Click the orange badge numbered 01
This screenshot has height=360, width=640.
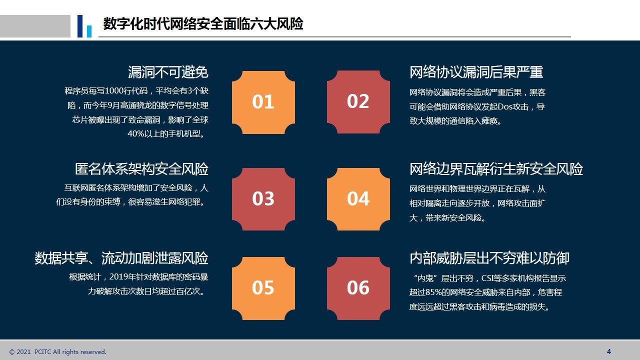click(263, 102)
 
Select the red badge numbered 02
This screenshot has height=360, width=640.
click(358, 102)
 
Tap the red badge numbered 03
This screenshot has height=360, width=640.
click(263, 199)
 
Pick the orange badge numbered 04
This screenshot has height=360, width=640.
click(358, 199)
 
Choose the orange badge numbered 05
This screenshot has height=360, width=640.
click(263, 288)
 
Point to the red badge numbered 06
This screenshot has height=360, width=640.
click(358, 288)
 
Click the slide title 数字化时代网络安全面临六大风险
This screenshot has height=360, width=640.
click(203, 23)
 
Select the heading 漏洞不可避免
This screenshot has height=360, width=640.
click(168, 72)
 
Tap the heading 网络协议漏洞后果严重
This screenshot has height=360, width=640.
click(476, 72)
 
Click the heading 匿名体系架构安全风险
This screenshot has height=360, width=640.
click(141, 169)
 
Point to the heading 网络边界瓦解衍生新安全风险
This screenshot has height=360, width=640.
click(496, 169)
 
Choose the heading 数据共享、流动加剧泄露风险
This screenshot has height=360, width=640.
click(121, 258)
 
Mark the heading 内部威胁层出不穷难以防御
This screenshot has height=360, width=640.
click(489, 258)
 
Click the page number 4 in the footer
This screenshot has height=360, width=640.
click(609, 351)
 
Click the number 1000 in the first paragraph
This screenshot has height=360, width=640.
click(115, 91)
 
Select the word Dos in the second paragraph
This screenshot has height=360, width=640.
click(504, 106)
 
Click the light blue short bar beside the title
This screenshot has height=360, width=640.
click(89, 31)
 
